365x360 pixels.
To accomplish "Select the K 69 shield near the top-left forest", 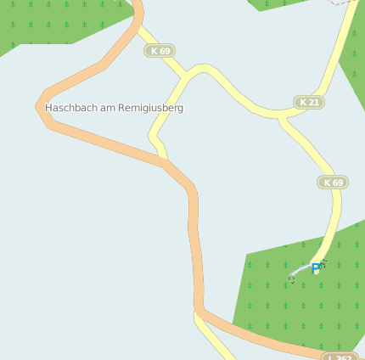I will tap(159, 51).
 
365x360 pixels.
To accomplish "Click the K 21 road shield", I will tap(309, 103).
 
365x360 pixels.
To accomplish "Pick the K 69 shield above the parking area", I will tap(333, 183).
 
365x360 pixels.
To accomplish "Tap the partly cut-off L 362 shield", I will tap(340, 357).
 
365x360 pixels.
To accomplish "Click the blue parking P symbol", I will tap(316, 268).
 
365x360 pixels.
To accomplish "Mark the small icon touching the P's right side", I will tap(323, 265).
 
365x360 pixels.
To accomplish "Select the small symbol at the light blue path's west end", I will tap(292, 278).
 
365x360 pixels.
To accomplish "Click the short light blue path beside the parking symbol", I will tap(302, 272).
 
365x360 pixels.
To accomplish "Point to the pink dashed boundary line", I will tap(344, 3).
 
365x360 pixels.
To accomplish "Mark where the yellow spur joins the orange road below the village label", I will tap(163, 160).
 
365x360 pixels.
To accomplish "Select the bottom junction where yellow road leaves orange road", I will tap(199, 312).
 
